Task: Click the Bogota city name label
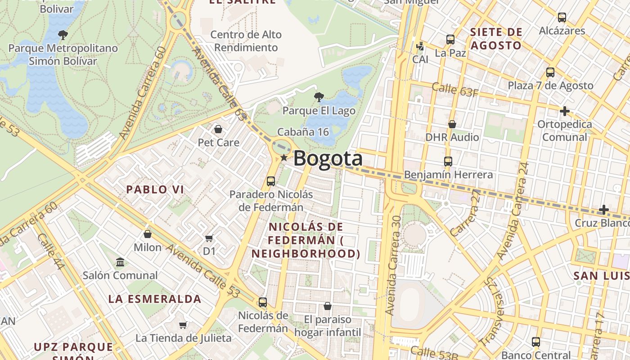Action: (x=328, y=158)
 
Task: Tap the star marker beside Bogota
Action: (x=284, y=158)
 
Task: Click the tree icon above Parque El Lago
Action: (x=319, y=96)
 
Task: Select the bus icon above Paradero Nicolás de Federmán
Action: (x=271, y=181)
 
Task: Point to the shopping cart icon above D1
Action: (x=209, y=238)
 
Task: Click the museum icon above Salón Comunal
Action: (x=120, y=262)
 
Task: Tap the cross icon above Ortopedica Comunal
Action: (x=564, y=111)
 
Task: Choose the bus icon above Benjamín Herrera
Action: (x=448, y=161)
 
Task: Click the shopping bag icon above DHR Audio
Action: (x=452, y=124)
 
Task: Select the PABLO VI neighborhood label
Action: (x=155, y=189)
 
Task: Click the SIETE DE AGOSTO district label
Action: (x=496, y=39)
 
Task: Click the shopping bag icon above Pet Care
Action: (x=218, y=130)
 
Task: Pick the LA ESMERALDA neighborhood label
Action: (x=155, y=299)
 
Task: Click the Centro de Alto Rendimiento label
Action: (x=246, y=41)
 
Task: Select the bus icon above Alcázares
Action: (x=562, y=18)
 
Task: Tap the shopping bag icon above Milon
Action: (x=148, y=234)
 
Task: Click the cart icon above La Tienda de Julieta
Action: (x=183, y=325)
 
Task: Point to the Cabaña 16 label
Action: (x=303, y=132)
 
